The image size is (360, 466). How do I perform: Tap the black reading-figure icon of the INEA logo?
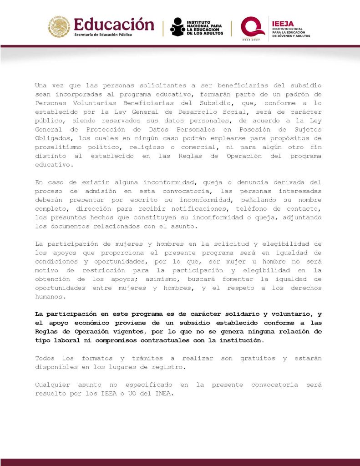178,27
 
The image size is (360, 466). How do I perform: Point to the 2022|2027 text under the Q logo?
252,40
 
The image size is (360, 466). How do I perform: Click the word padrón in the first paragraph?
297,94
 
